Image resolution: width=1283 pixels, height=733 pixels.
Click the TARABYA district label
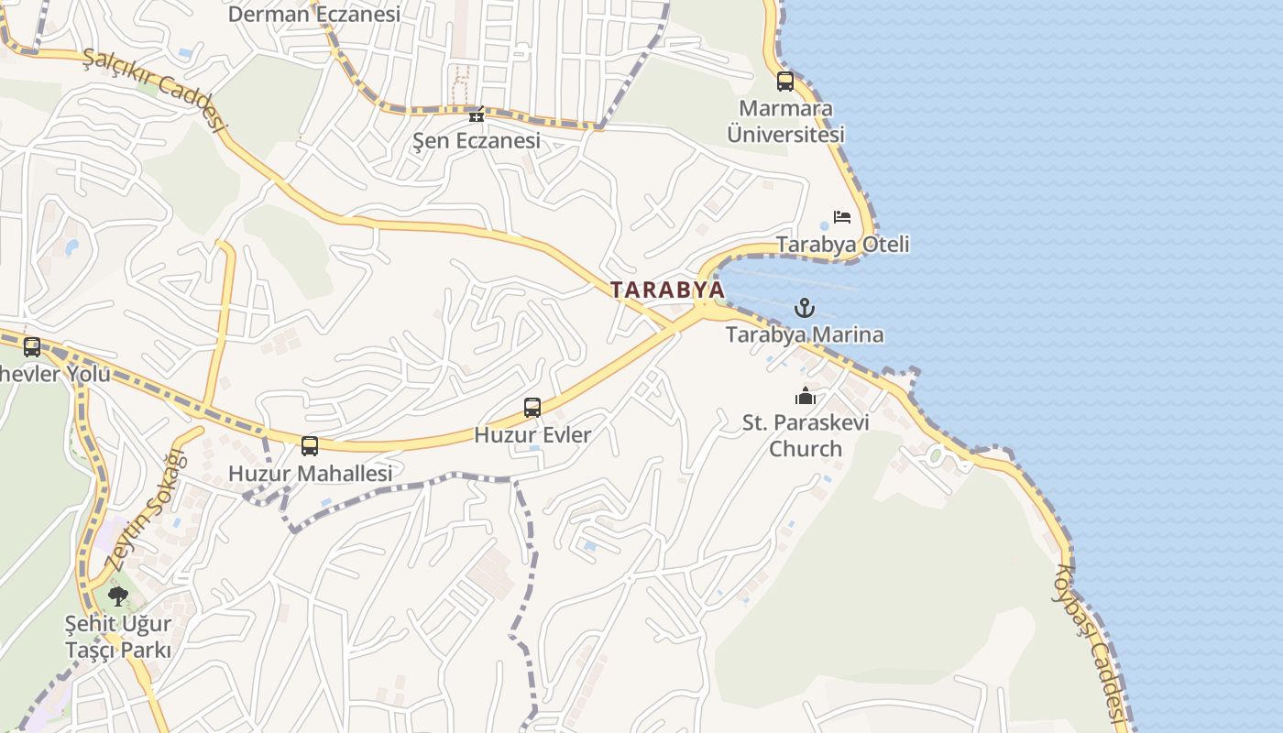tap(667, 290)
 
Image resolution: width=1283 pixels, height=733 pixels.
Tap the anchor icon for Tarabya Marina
tap(804, 308)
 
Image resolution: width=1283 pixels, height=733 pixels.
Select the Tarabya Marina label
tap(805, 334)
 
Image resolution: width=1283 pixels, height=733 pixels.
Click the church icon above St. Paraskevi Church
tap(806, 396)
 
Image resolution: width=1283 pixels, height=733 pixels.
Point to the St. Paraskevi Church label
tap(806, 435)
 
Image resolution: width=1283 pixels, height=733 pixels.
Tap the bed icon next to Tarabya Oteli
tap(842, 217)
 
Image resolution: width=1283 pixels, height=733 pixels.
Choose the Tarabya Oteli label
tap(842, 245)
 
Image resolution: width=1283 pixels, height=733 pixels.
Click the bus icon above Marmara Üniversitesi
tap(785, 81)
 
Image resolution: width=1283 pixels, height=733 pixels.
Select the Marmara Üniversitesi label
tap(785, 121)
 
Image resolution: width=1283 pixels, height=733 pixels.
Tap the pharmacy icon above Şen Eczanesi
tap(476, 115)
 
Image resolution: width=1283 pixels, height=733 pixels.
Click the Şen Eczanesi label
tap(476, 141)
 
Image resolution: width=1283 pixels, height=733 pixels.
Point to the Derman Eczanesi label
tap(314, 15)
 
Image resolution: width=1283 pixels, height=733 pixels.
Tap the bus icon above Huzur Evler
tap(532, 408)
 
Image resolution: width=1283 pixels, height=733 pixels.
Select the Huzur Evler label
tap(532, 434)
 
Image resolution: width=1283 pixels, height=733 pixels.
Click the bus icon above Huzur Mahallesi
tap(310, 446)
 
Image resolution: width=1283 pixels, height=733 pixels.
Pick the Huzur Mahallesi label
tap(310, 474)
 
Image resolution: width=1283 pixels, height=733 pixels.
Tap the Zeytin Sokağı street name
tap(146, 509)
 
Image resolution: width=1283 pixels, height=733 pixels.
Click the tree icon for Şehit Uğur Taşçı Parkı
tap(117, 596)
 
